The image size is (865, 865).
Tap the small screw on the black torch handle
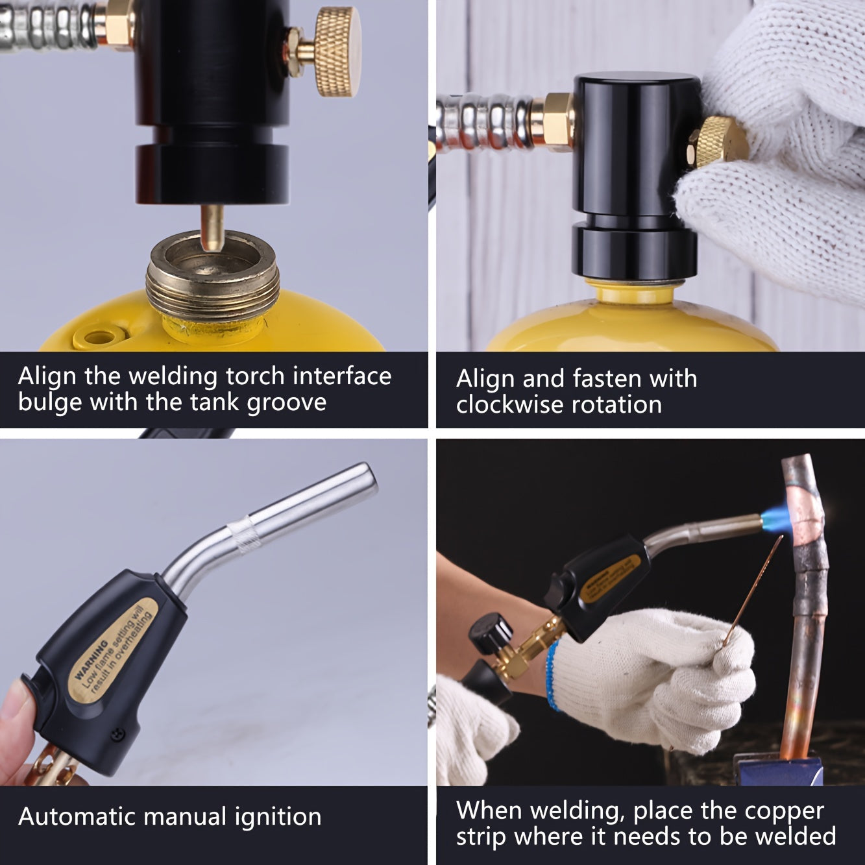(117, 735)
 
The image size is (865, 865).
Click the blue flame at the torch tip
(775, 518)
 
